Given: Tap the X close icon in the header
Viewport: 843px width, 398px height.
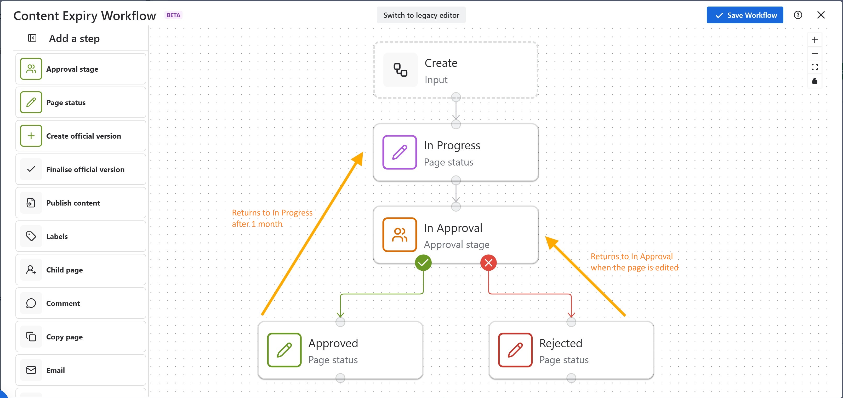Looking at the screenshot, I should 821,15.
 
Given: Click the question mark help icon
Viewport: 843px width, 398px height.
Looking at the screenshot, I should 798,15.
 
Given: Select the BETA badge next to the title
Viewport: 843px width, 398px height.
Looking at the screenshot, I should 173,15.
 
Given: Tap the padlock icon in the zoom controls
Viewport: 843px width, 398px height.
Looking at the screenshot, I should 814,81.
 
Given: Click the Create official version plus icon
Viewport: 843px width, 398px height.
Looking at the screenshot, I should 31,136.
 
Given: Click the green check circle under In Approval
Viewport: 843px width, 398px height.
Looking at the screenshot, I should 423,263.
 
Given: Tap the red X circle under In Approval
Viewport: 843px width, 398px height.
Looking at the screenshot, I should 488,263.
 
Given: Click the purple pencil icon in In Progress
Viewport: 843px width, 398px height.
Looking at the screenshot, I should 400,152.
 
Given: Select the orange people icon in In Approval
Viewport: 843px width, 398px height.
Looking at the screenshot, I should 400,235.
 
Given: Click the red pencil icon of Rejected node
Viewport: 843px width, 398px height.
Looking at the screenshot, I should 515,350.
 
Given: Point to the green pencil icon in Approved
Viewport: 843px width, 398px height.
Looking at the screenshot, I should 284,350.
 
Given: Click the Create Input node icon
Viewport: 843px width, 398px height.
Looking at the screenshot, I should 400,70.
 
